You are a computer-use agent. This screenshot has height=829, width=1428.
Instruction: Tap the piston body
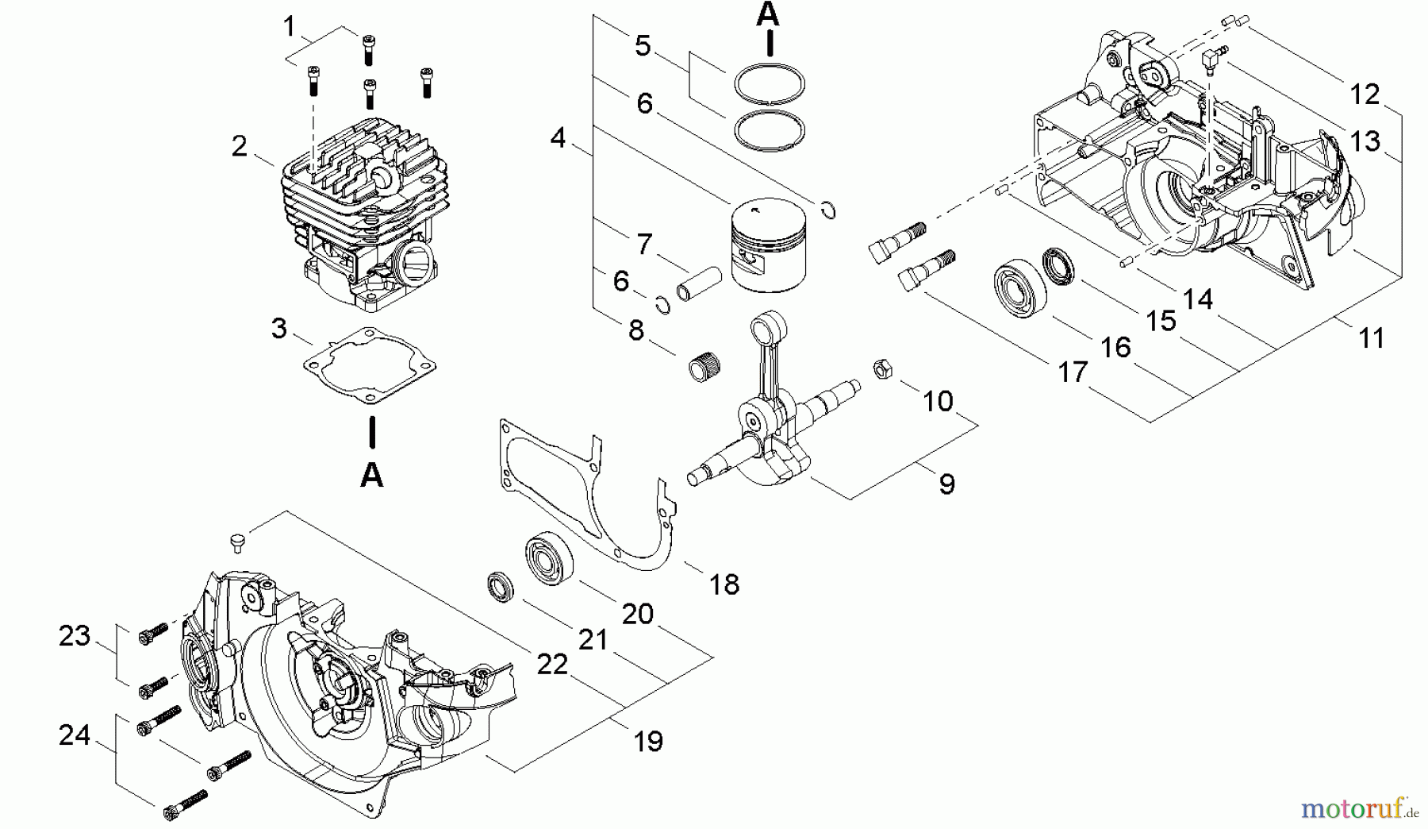[767, 246]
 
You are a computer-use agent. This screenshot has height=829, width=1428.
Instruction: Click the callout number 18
[724, 584]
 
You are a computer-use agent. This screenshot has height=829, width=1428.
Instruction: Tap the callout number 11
[1371, 337]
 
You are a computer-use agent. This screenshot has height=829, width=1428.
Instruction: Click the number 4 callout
[558, 138]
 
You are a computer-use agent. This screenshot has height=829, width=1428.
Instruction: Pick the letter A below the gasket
[371, 475]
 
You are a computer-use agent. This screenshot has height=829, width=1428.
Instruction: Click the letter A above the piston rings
[767, 13]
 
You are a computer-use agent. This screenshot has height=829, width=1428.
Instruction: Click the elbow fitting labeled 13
[1211, 58]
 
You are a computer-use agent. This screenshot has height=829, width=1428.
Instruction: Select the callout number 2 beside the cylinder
[240, 146]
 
